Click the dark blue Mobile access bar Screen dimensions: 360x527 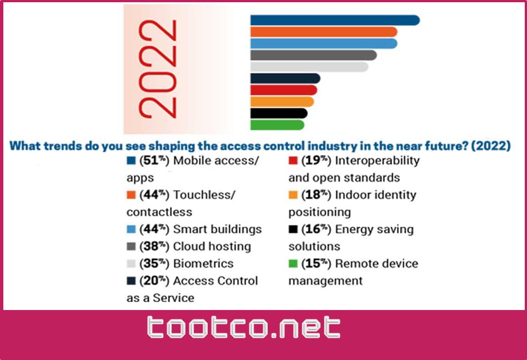click(334, 20)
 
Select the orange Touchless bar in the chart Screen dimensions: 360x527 click(323, 32)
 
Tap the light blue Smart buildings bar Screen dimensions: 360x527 click(323, 43)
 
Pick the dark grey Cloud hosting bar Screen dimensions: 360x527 click(313, 55)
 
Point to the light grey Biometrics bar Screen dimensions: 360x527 click(309, 67)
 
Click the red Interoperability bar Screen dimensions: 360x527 click(283, 90)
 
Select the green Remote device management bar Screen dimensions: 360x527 click(277, 125)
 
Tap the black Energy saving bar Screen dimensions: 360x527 click(278, 113)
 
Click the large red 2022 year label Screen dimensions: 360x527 click(158, 69)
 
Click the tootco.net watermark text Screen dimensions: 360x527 click(244, 328)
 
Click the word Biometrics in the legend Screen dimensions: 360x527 click(203, 263)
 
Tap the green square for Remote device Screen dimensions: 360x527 click(293, 263)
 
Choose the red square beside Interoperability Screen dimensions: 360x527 click(293, 161)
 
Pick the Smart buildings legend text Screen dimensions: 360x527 click(217, 229)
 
